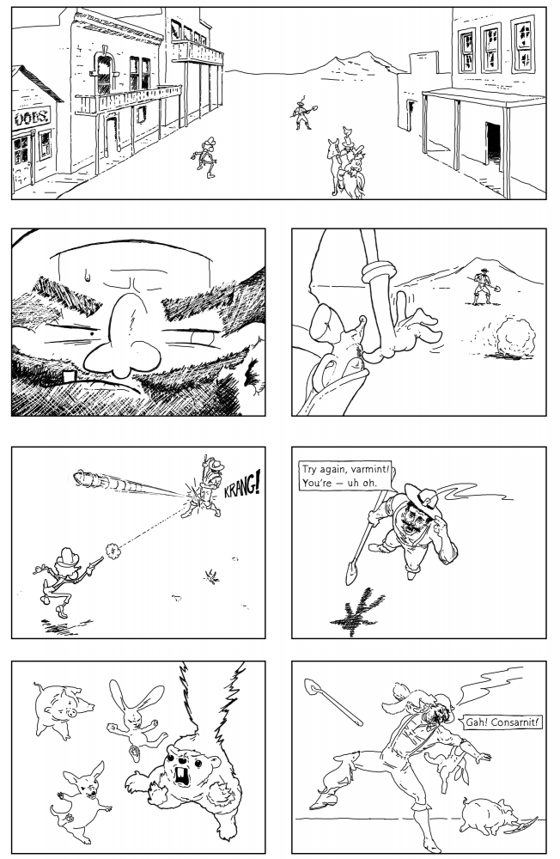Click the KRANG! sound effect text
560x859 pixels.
[x=241, y=486]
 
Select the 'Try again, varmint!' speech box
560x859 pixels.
[x=347, y=477]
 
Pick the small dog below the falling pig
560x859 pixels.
[x=81, y=801]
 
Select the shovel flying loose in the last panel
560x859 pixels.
[x=332, y=701]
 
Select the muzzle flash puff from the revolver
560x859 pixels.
[x=113, y=551]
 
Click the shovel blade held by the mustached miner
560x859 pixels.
[x=351, y=573]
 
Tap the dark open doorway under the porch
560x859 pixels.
[x=493, y=143]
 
